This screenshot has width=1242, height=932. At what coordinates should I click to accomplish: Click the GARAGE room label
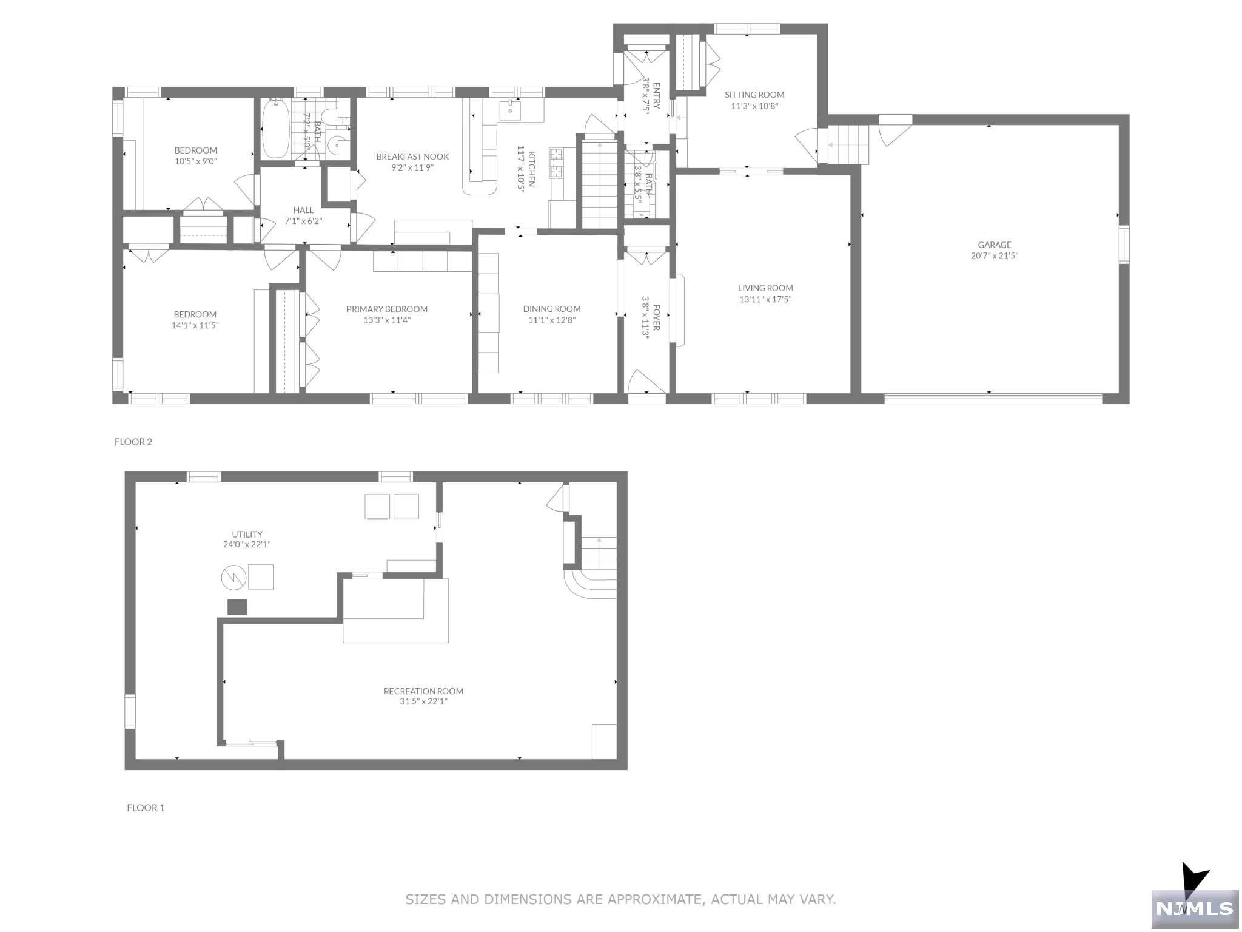(x=994, y=245)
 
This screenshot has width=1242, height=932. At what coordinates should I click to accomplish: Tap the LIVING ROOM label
(x=765, y=288)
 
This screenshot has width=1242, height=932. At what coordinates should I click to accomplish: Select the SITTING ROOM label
(x=754, y=95)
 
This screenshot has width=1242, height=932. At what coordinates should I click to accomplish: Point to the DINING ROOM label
(x=552, y=309)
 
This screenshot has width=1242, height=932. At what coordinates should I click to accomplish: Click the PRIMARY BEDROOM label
(x=387, y=309)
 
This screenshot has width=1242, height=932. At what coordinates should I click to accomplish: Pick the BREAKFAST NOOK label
(x=412, y=157)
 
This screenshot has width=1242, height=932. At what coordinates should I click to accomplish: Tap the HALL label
(x=303, y=210)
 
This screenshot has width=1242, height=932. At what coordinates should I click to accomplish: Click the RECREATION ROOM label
(x=423, y=691)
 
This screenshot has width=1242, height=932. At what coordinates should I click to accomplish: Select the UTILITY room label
(x=247, y=535)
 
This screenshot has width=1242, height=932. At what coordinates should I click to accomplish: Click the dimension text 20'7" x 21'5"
(x=994, y=256)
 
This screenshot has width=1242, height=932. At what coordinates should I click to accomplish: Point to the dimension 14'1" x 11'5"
(x=195, y=325)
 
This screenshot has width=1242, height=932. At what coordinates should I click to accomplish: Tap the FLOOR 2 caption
(x=133, y=442)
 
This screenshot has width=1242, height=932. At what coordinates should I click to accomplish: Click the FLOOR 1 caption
(x=146, y=808)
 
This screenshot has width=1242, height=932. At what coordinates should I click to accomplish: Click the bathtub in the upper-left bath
(x=276, y=129)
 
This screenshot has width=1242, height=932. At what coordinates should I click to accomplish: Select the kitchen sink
(x=510, y=111)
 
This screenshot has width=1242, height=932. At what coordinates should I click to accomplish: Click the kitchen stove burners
(x=556, y=163)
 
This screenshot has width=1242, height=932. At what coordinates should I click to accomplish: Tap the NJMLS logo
(x=1195, y=908)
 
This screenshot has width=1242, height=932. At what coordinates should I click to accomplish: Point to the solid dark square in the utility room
(x=237, y=607)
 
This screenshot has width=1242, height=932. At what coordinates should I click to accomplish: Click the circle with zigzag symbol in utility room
(x=233, y=577)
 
